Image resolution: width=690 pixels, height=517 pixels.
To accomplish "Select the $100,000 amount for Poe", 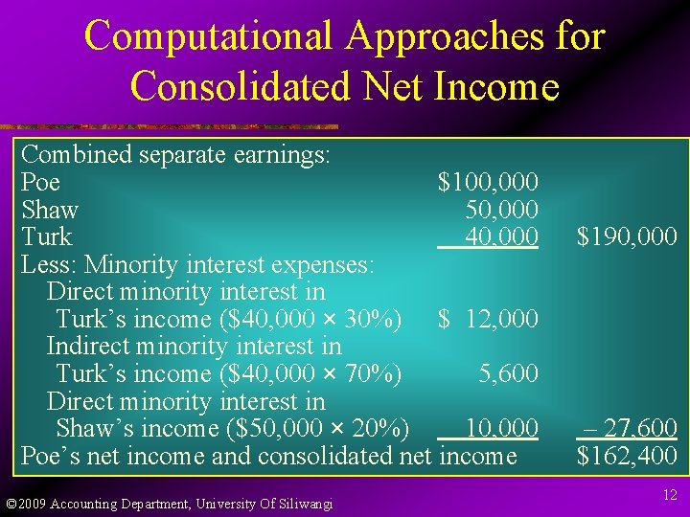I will (488, 182).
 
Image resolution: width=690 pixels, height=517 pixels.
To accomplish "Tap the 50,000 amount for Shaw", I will (501, 209).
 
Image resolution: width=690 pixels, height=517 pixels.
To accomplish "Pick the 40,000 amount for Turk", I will (501, 236).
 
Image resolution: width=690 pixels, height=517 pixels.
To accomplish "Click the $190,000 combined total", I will (626, 236).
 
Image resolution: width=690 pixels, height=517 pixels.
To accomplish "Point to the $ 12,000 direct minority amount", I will (488, 319).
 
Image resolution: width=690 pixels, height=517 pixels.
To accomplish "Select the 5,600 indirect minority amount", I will (509, 373).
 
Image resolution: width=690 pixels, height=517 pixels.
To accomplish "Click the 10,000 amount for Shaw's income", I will (501, 427).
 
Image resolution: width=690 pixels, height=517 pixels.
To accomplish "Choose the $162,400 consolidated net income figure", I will (626, 455).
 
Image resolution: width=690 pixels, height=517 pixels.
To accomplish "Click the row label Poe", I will (40, 182).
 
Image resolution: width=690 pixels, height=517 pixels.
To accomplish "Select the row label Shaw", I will (49, 209).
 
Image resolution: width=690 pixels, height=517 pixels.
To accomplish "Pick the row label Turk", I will (46, 236).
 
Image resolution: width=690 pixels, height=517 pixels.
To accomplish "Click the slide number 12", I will (670, 494).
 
